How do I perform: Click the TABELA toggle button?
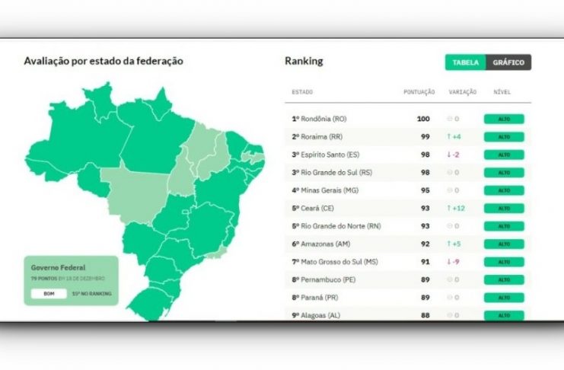465,62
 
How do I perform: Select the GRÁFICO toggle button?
508,62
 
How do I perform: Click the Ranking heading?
304,61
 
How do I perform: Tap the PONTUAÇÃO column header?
419,92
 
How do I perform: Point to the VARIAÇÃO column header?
463,92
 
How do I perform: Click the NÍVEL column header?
502,92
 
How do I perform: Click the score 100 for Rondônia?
423,119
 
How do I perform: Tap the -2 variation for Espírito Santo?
454,155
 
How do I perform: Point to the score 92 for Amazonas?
425,244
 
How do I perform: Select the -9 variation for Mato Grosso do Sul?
454,262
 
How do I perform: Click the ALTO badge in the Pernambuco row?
503,279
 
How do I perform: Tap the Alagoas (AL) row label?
318,315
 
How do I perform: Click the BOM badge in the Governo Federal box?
49,293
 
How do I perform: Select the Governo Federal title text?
58,268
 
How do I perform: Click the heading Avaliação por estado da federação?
104,61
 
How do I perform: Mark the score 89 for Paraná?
425,298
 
